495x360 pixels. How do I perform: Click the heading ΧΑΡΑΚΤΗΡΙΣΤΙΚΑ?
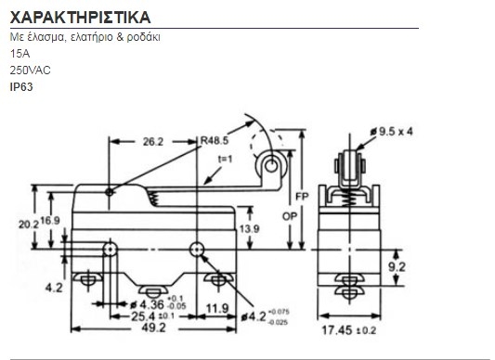80,18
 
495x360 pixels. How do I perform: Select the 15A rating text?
20,54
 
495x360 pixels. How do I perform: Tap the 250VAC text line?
31,71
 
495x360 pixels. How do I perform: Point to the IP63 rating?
21,87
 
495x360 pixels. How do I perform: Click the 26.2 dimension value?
153,142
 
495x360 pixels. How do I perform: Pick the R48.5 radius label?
215,140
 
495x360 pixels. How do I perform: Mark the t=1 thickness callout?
225,159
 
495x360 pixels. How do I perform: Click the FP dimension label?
302,197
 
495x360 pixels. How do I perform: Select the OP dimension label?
290,216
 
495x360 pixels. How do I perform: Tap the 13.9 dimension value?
250,229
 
